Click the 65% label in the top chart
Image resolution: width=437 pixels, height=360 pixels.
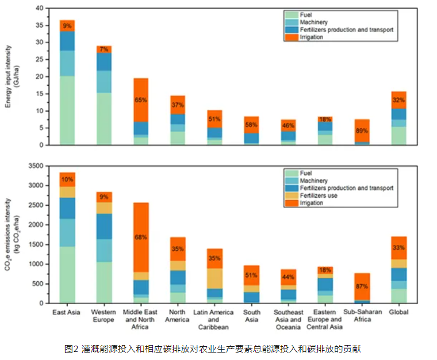[x=140, y=99]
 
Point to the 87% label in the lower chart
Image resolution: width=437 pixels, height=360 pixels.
[x=362, y=286]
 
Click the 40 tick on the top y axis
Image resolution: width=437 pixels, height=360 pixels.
[x=39, y=9]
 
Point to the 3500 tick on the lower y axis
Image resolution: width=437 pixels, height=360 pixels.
[x=35, y=166]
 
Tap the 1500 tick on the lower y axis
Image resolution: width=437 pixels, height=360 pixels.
[x=35, y=244]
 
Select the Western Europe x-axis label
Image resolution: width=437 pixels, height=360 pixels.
[x=104, y=316]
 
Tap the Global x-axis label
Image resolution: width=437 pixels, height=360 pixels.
[x=398, y=313]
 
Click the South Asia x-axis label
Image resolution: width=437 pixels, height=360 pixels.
[x=251, y=316]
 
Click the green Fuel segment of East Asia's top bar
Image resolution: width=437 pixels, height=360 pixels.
[x=67, y=110]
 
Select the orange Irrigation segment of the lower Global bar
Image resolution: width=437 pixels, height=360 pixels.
[x=398, y=248]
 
